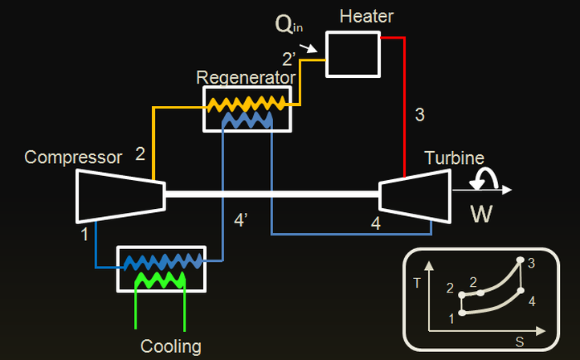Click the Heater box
click(x=353, y=55)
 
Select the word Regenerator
click(x=247, y=77)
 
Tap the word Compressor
click(x=73, y=157)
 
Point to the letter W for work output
click(x=482, y=215)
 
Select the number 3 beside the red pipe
click(x=419, y=114)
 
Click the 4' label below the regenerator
click(x=240, y=219)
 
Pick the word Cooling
click(x=170, y=346)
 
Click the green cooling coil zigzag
click(x=161, y=279)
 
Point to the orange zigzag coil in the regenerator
click(x=247, y=102)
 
